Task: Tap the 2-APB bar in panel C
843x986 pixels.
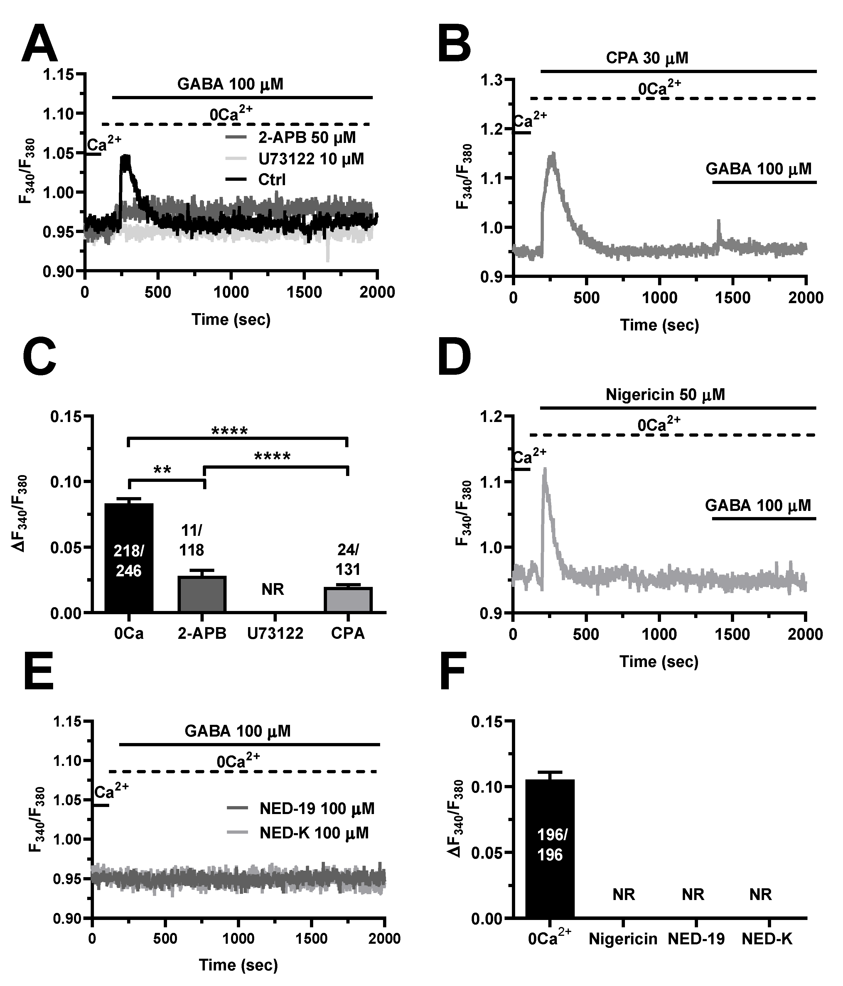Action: point(202,593)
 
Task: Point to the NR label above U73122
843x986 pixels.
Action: point(273,590)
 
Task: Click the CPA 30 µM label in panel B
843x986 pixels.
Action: point(647,58)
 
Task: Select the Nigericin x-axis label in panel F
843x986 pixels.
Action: point(623,939)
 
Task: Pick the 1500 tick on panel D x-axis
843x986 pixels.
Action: point(732,634)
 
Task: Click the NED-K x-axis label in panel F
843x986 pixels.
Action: point(767,939)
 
